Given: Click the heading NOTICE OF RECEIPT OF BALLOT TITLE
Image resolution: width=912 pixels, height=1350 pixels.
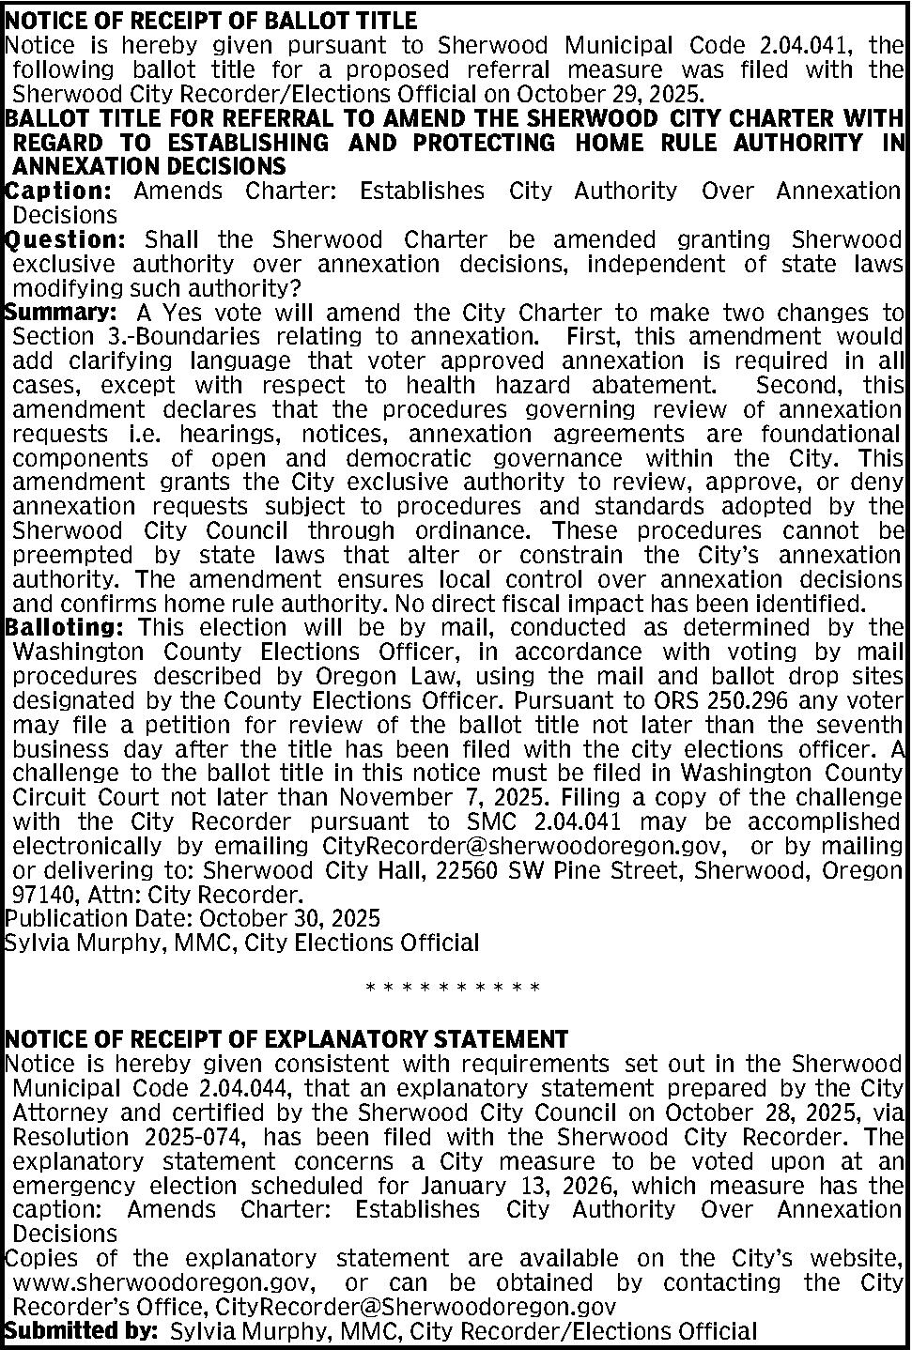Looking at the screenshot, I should click(x=211, y=20).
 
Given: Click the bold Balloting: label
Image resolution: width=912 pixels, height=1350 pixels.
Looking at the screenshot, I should click(x=65, y=626).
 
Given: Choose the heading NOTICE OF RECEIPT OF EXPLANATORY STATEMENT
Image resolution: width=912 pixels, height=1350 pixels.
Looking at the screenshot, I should click(x=286, y=1039).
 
